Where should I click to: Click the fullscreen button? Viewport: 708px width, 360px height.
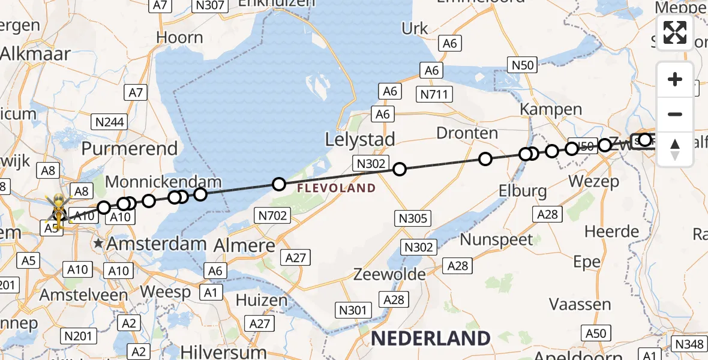click(x=675, y=32)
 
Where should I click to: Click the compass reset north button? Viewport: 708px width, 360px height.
click(x=675, y=149)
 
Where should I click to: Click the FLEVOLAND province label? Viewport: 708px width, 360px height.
click(x=335, y=188)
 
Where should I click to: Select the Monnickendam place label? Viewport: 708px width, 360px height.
click(x=163, y=182)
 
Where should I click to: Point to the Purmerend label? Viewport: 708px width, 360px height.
click(x=130, y=148)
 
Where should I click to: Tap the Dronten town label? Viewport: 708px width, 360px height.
click(x=467, y=133)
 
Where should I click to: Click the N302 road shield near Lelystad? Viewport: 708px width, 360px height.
click(x=372, y=163)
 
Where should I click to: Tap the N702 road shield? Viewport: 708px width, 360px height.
click(x=273, y=215)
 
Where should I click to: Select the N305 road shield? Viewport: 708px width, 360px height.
click(x=413, y=218)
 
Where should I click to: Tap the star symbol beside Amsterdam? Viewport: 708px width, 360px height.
click(x=98, y=244)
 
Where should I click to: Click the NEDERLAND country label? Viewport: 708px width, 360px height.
click(x=430, y=338)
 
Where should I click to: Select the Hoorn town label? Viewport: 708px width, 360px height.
click(x=179, y=37)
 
